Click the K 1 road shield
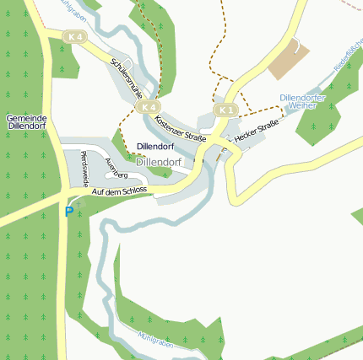225,110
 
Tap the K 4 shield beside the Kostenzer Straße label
149,107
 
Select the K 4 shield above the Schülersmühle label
75,37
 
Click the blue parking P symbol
68,212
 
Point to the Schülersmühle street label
127,78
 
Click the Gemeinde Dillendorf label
26,121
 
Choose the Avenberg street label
116,168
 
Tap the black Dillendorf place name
154,148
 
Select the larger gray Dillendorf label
159,160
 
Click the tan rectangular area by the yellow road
290,59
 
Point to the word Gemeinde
26,116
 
